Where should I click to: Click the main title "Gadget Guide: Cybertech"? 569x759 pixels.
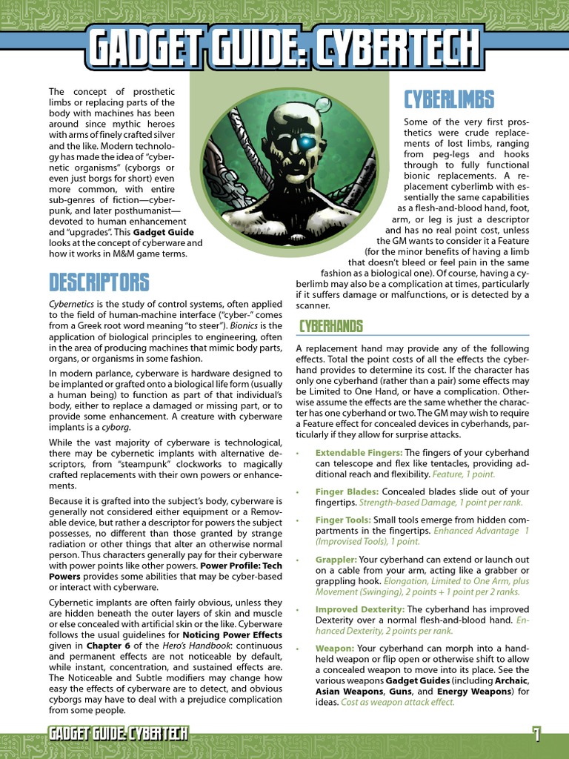click(x=284, y=47)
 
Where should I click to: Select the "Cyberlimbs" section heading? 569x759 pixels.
click(x=448, y=99)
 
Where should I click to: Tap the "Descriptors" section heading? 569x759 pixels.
click(x=99, y=282)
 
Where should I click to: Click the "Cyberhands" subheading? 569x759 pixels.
click(x=330, y=326)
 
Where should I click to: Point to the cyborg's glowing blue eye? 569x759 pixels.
click(x=304, y=142)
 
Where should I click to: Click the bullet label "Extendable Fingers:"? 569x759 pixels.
click(x=359, y=453)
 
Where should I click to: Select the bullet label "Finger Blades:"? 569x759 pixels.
click(x=347, y=491)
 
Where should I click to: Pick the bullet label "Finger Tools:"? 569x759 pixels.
click(x=343, y=520)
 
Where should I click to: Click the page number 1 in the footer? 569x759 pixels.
click(x=536, y=734)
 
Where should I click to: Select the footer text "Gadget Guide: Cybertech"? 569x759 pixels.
click(x=118, y=734)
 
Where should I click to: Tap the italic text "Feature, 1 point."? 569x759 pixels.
click(x=452, y=474)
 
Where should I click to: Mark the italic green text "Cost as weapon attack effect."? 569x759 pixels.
click(x=397, y=702)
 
